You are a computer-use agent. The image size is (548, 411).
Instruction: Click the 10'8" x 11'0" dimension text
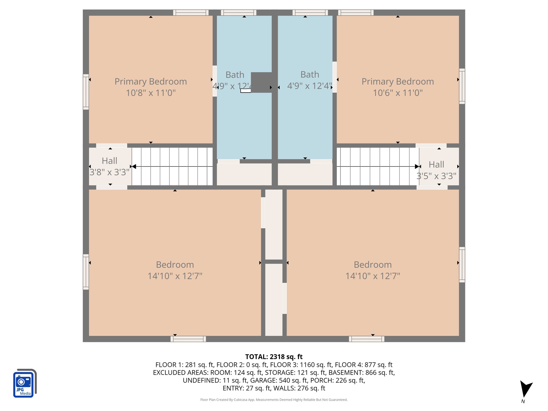pos(151,93)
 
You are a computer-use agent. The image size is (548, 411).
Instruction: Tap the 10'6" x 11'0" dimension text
pos(398,93)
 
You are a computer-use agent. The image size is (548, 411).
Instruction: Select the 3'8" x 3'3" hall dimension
pos(109,172)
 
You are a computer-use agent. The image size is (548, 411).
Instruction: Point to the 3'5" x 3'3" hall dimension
pos(436,176)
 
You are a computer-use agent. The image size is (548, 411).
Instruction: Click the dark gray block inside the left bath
pos(261,82)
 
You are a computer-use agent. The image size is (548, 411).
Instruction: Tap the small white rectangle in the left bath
pos(246,91)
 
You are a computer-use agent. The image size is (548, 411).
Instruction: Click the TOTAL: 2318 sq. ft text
pos(274,357)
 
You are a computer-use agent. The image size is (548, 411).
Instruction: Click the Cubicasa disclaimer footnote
pos(274,400)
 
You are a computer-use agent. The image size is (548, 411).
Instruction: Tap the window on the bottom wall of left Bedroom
pos(188,339)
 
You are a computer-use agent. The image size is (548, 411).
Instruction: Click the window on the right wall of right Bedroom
pos(462,264)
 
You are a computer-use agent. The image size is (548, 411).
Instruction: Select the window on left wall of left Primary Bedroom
pos(86,92)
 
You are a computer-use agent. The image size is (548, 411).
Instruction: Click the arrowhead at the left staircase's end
pos(134,167)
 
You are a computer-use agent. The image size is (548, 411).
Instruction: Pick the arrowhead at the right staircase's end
pos(417,167)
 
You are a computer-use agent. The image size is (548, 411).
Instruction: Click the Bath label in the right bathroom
pos(310,74)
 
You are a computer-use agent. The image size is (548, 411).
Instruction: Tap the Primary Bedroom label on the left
pos(151,81)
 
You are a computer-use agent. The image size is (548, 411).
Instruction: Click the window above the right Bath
pos(310,13)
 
